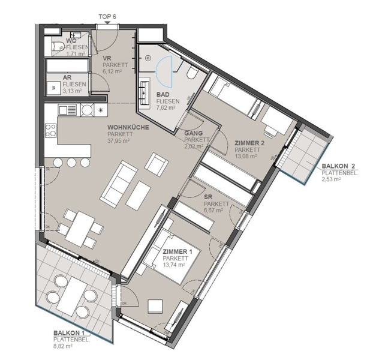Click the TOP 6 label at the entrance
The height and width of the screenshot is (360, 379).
(107, 17)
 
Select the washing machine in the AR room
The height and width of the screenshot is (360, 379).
(53, 87)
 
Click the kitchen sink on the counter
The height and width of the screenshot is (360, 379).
(67, 110)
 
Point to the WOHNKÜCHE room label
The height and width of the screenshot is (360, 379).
(128, 127)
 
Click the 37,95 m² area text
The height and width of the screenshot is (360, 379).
(119, 140)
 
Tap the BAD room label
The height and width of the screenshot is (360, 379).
(163, 95)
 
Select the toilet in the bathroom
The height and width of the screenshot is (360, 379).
(192, 72)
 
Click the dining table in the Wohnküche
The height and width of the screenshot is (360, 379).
(80, 229)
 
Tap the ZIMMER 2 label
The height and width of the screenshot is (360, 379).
(249, 143)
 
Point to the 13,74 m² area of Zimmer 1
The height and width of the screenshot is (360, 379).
(173, 265)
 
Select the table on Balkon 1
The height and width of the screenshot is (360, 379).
(72, 296)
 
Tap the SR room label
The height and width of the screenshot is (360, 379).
(208, 197)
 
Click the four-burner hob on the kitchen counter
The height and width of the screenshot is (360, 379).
(51, 131)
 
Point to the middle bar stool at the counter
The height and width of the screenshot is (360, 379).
(72, 162)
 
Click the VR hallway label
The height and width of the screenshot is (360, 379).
(107, 59)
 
